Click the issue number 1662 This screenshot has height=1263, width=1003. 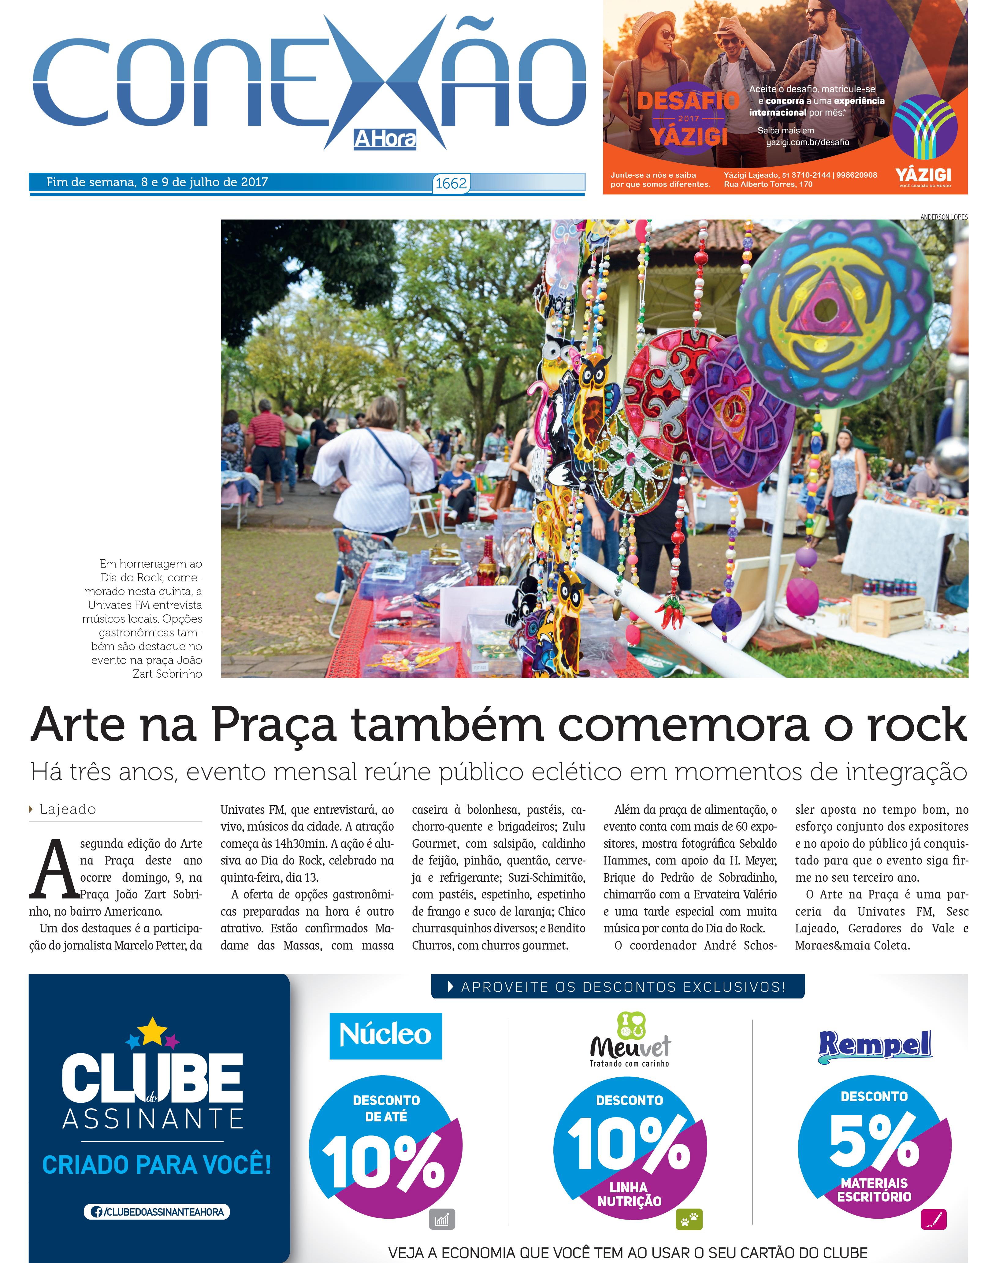[x=451, y=184]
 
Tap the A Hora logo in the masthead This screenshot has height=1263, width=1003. [x=385, y=139]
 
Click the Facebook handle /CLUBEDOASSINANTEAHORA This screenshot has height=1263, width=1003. [x=157, y=1212]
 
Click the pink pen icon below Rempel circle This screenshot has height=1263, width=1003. [x=933, y=1219]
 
